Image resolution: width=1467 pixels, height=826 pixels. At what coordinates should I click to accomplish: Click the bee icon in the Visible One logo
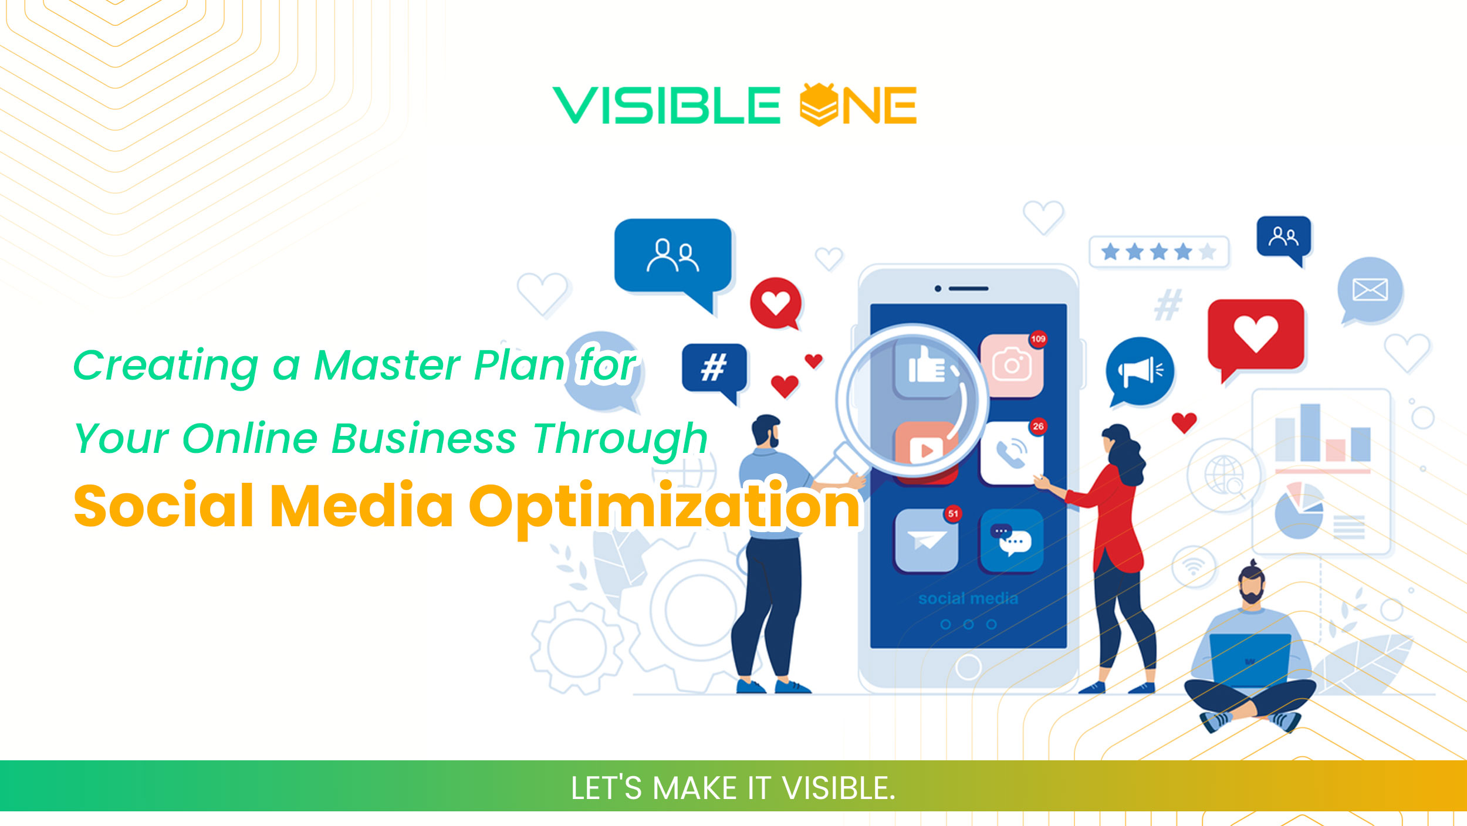819,104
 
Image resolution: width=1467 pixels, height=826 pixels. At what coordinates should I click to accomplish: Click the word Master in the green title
387,365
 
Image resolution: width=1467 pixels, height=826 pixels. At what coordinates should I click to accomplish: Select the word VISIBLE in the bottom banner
839,788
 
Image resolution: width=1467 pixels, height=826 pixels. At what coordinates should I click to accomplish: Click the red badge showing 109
1038,339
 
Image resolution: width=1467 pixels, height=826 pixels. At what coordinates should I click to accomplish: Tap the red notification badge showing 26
1038,426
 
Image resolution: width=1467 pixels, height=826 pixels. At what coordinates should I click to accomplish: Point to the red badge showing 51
953,514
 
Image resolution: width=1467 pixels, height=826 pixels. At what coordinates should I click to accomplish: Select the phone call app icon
1012,453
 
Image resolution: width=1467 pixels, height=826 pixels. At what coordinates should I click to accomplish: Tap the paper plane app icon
926,540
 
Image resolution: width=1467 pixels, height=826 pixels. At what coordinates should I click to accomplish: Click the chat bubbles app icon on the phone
1012,540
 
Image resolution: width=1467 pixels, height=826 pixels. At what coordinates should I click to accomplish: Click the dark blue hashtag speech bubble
714,369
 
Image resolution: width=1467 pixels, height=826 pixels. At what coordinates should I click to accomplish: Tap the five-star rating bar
1158,252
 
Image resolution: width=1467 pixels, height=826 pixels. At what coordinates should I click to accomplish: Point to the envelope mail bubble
1370,290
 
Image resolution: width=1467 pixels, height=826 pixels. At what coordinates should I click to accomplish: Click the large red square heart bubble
1256,334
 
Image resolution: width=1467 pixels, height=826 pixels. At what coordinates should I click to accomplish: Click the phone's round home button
968,667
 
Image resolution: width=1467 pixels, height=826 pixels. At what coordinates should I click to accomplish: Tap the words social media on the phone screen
968,598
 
